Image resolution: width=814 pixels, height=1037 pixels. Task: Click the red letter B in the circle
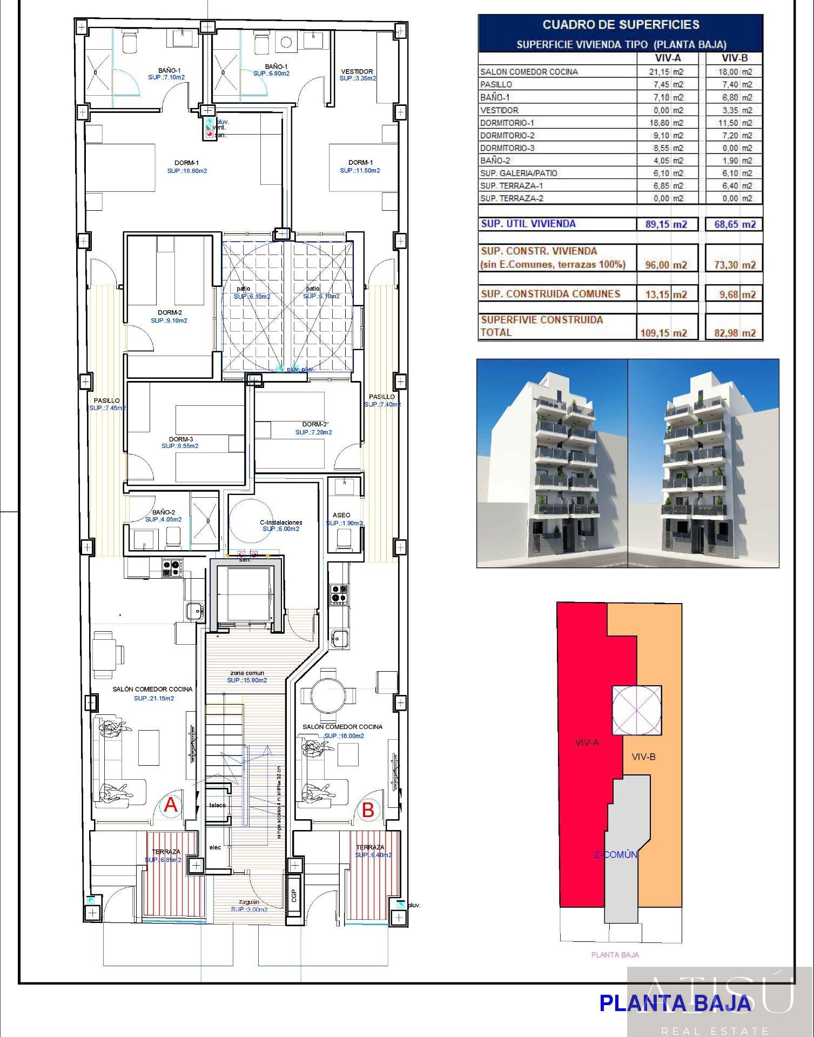[x=368, y=810]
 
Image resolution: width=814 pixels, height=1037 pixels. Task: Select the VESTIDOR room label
[x=357, y=71]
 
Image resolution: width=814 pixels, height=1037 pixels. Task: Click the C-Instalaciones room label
[x=281, y=523]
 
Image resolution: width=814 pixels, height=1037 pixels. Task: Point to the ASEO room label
[x=341, y=515]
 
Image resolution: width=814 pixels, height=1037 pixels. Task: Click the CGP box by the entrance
[x=294, y=896]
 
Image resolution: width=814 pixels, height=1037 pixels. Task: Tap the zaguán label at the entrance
[x=249, y=902]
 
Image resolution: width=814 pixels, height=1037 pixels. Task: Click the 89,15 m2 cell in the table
[x=666, y=224]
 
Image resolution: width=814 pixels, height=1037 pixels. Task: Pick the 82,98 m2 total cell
[x=735, y=333]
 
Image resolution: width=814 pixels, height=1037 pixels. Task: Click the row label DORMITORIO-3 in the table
[x=507, y=148]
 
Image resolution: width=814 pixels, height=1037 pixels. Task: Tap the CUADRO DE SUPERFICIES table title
[x=621, y=24]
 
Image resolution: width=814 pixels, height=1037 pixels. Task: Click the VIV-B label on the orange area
[x=643, y=757]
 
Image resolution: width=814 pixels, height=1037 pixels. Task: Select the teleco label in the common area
[x=217, y=805]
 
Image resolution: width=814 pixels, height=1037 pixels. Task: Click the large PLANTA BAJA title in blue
[x=675, y=1003]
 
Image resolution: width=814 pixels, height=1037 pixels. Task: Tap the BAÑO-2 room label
[x=163, y=512]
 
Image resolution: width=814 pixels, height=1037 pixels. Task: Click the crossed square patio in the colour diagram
[x=636, y=710]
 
